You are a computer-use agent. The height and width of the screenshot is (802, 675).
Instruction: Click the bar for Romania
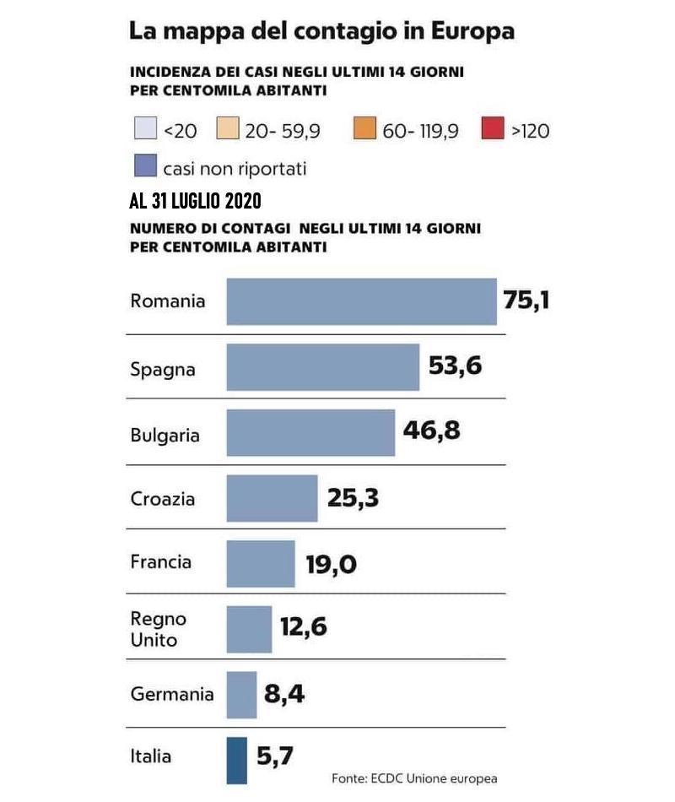click(x=361, y=301)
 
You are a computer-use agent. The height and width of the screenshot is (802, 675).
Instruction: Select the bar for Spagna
click(x=322, y=367)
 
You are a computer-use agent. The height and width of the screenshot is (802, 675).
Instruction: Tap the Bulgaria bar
click(x=310, y=433)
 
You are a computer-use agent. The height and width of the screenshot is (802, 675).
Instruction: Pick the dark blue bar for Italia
click(x=236, y=761)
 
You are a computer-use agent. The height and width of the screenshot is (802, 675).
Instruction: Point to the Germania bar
click(x=241, y=695)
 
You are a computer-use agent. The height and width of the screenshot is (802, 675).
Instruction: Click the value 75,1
click(x=526, y=300)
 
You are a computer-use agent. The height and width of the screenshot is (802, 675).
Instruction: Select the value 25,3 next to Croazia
click(x=353, y=498)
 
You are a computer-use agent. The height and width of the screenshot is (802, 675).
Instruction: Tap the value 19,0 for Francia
click(x=331, y=563)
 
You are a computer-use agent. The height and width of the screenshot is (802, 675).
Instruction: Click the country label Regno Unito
click(x=158, y=629)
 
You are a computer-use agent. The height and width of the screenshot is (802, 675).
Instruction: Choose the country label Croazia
click(x=163, y=499)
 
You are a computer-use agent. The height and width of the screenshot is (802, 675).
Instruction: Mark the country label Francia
click(x=160, y=562)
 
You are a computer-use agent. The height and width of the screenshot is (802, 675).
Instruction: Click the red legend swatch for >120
click(x=491, y=130)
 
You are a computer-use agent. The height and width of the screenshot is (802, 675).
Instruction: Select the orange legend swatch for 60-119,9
click(x=364, y=130)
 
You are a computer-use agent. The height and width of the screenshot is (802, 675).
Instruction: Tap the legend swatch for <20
click(x=145, y=130)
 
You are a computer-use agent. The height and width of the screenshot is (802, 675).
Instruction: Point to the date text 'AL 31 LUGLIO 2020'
click(x=195, y=202)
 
